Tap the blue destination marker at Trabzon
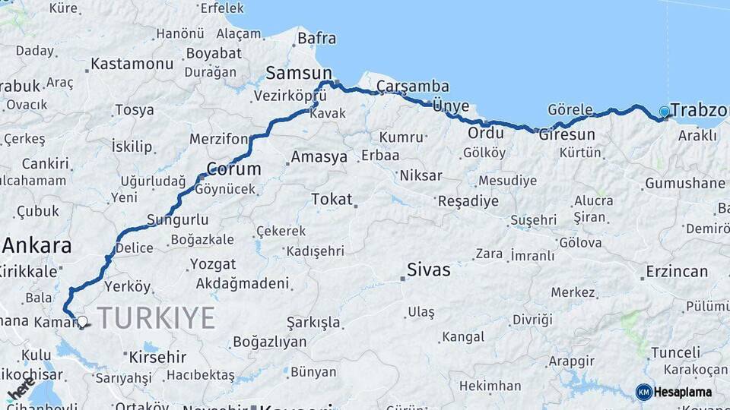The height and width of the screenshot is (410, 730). pos(665,112)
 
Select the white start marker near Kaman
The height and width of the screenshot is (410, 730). pos(82,321)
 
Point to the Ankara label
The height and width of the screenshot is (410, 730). pos(36,246)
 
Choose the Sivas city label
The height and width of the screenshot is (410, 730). pos(429,270)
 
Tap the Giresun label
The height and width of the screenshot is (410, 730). pos(567,135)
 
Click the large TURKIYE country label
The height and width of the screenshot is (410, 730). pos(156,318)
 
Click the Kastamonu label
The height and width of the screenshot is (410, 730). pos(132,64)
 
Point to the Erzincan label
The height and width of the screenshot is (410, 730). pos(677,271)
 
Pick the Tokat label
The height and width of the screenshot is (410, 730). pos(332,199)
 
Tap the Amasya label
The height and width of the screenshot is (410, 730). pos(319,157)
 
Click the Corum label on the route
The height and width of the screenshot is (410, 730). pos(234,169)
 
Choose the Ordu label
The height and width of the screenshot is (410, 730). pos(485,133)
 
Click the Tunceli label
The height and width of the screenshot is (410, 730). pos(675,353)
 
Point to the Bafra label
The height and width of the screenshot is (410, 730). pos(317,37)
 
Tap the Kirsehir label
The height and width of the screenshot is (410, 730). pos(157,356)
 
